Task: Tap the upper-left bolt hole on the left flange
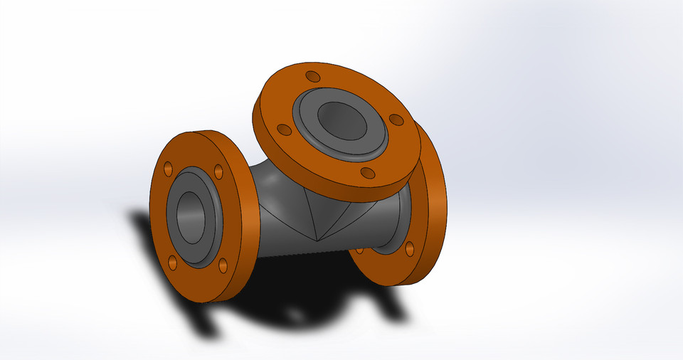tap(168, 169)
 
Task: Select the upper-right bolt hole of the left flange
tap(218, 171)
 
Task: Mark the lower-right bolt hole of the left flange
tap(223, 265)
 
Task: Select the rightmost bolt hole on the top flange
tap(396, 120)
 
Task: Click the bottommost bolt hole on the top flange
tap(368, 173)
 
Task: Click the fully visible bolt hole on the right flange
tap(409, 248)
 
